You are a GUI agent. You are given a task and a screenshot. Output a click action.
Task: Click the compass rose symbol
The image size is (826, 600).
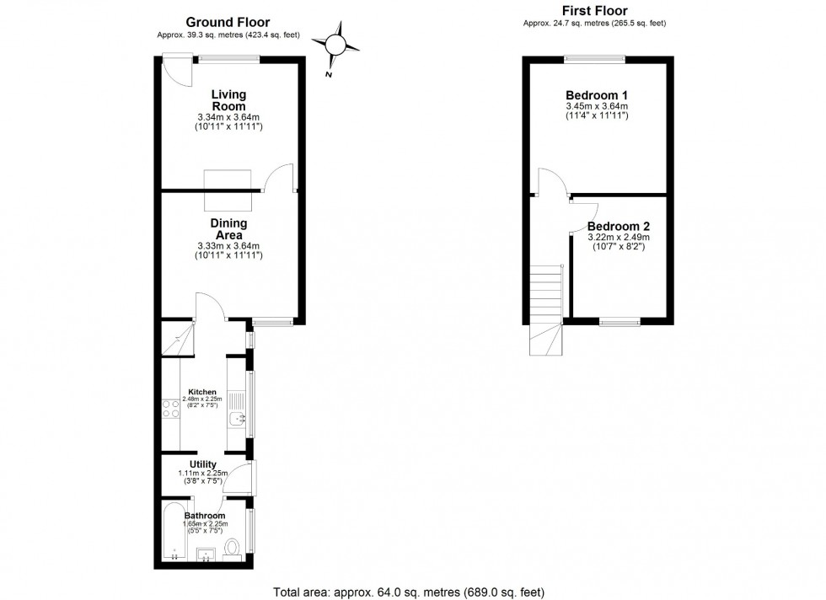[x=337, y=44]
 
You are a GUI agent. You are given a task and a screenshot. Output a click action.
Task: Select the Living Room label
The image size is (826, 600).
[x=228, y=100]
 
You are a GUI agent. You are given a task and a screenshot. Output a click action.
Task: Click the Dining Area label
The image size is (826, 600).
[x=228, y=228]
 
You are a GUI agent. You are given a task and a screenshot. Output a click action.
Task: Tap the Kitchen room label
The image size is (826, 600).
[x=202, y=392]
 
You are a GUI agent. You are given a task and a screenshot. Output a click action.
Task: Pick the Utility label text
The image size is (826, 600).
[x=203, y=464]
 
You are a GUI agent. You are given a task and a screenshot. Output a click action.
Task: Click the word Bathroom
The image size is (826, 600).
[x=205, y=516]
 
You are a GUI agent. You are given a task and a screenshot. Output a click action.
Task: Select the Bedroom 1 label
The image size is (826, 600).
[x=596, y=95]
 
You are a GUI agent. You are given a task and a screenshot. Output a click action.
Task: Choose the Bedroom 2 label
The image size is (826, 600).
[x=619, y=227]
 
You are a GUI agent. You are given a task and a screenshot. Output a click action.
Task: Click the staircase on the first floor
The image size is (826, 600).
[x=546, y=308]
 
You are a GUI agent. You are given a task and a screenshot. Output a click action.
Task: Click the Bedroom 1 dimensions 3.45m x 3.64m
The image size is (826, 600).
[x=596, y=107]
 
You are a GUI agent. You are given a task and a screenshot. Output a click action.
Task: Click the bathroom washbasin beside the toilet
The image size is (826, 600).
[x=206, y=554]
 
